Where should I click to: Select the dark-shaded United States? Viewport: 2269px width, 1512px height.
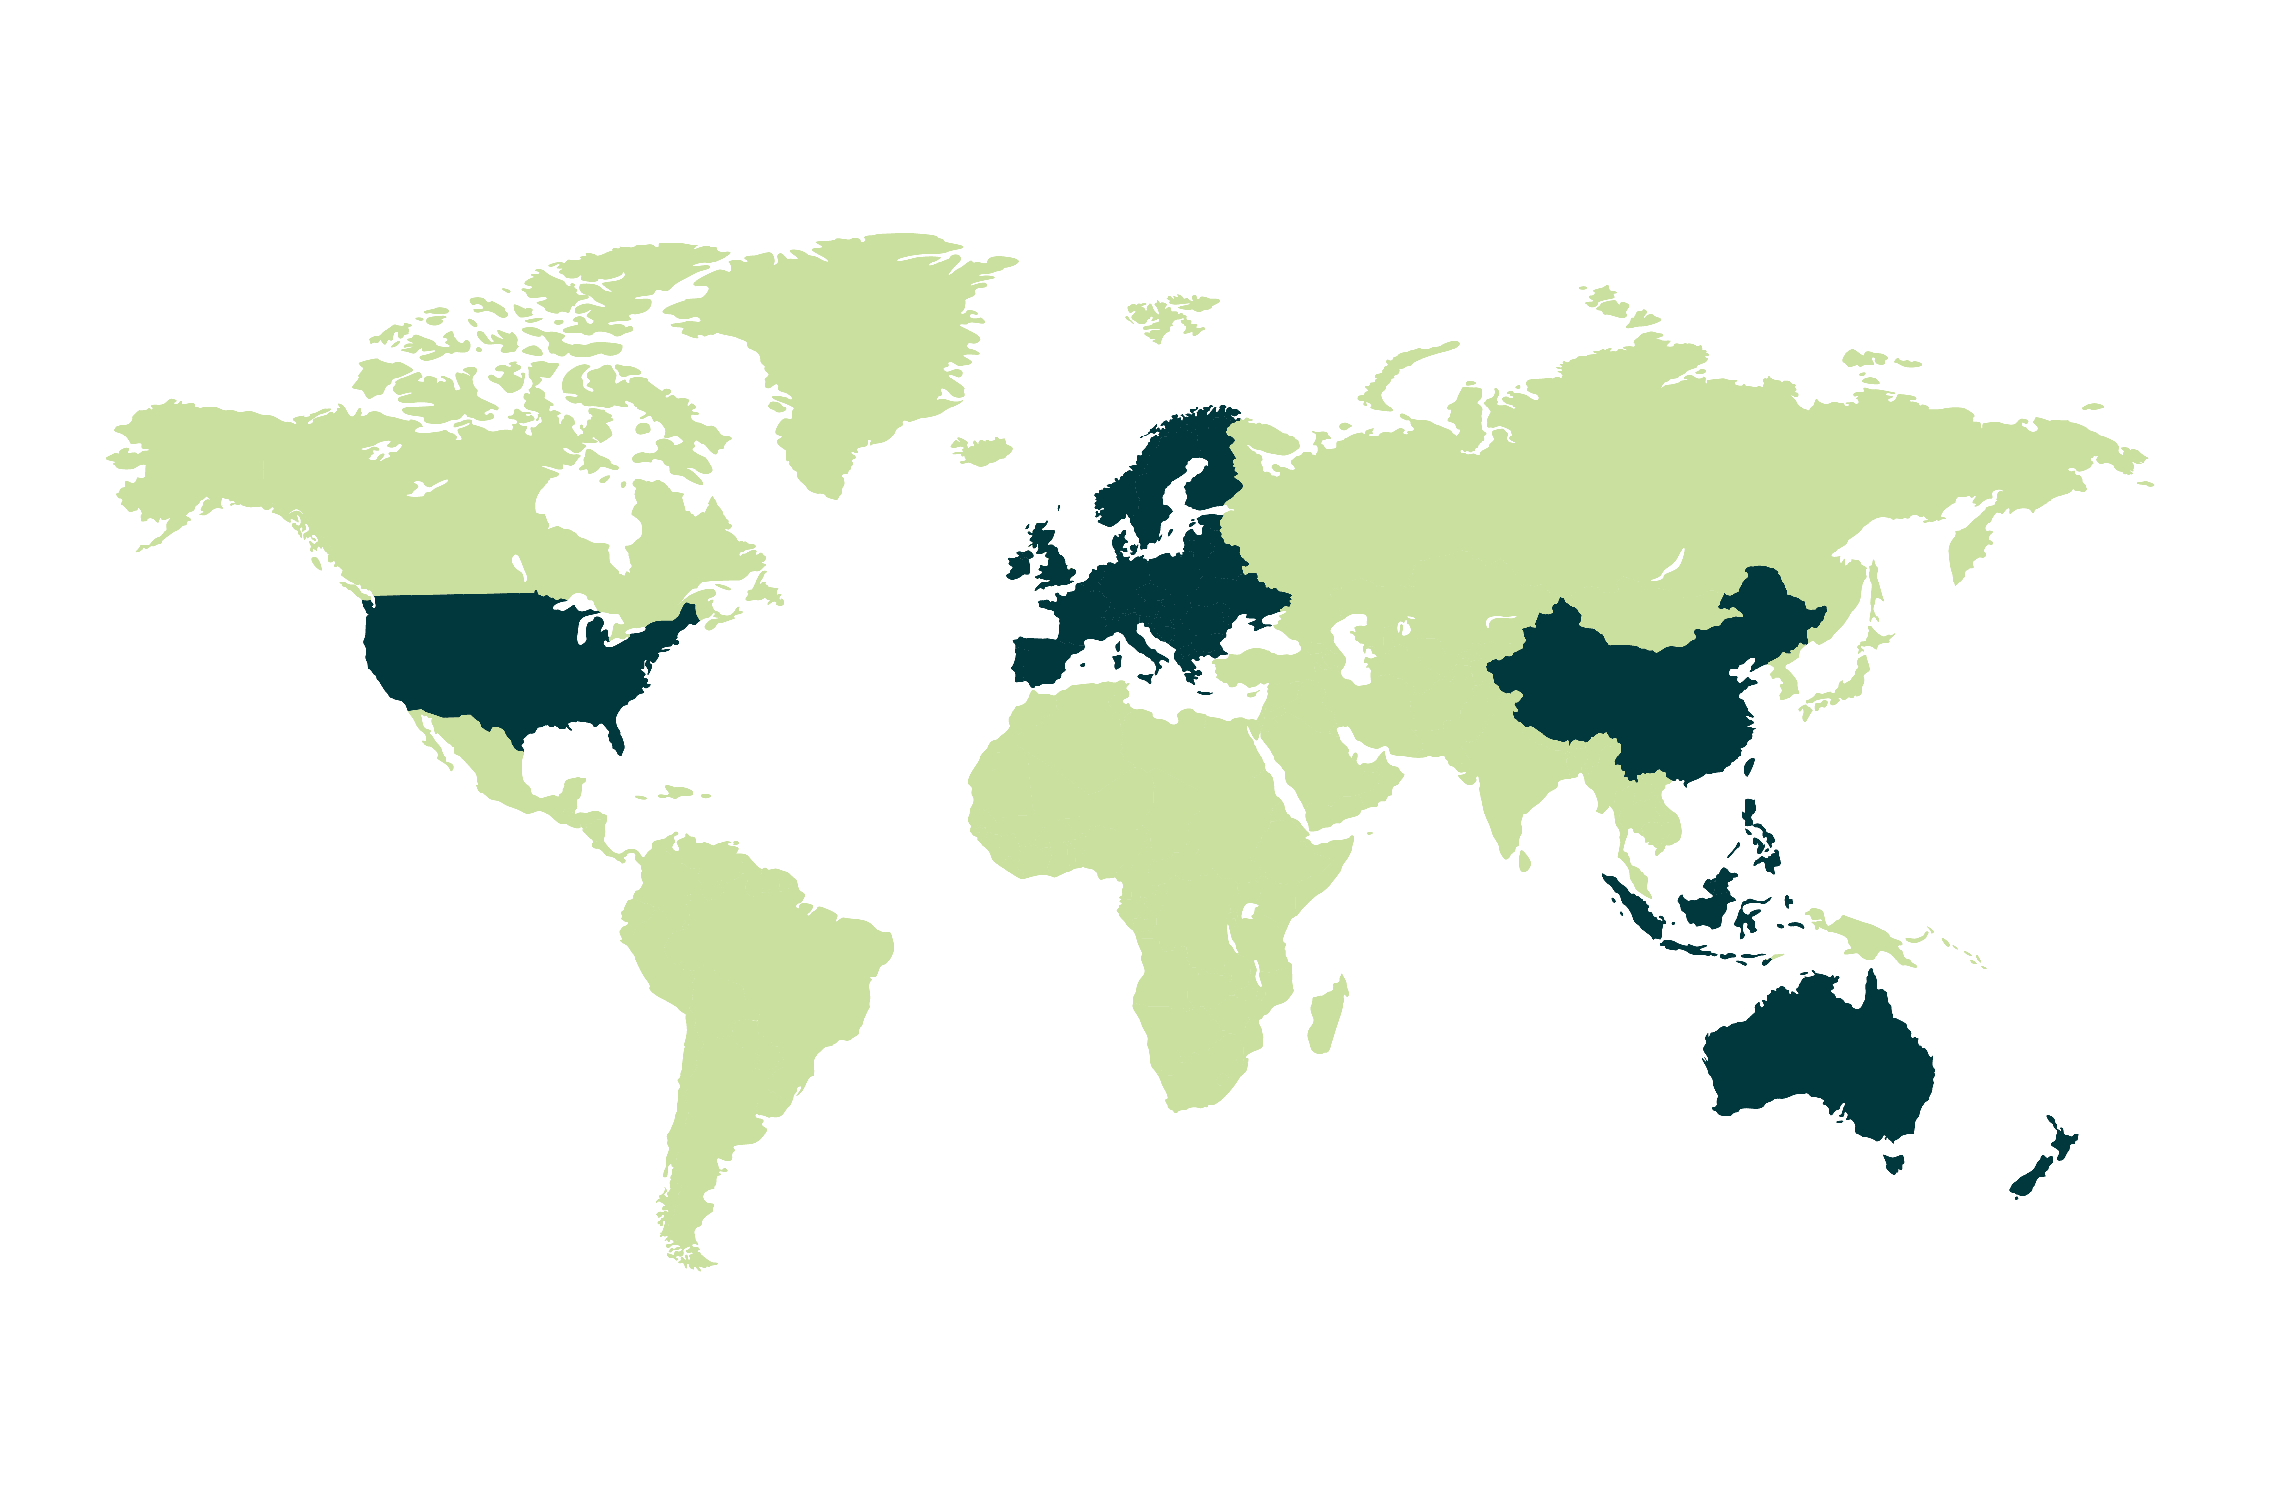pos(502,656)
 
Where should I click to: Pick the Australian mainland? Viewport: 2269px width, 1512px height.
pos(1814,1061)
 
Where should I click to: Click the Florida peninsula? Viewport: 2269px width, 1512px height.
pos(617,738)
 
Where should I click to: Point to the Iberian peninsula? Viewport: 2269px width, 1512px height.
pos(1032,661)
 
